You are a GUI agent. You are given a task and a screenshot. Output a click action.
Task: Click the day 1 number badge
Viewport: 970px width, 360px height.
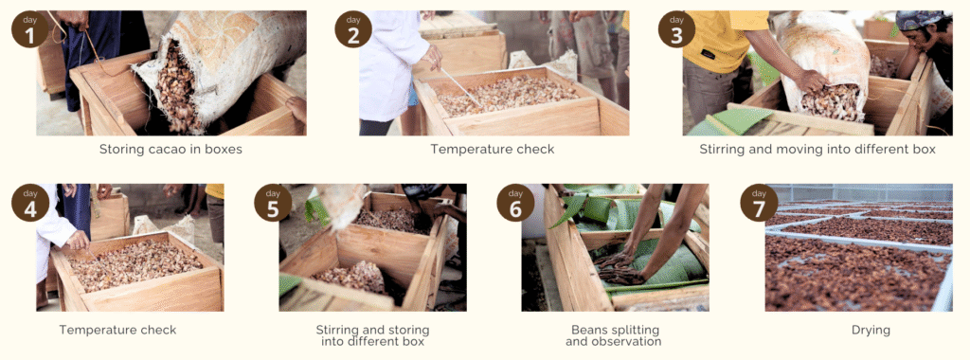tap(29, 29)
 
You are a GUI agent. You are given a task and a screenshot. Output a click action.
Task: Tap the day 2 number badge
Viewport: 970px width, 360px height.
tap(353, 29)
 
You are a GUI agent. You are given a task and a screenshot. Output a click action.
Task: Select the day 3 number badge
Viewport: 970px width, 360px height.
tap(676, 29)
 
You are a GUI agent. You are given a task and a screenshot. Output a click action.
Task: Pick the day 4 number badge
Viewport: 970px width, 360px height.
tap(29, 203)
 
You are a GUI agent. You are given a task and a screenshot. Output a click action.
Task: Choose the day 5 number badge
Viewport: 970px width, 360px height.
tap(273, 203)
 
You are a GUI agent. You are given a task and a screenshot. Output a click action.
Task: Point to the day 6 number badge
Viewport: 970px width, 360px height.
tap(516, 203)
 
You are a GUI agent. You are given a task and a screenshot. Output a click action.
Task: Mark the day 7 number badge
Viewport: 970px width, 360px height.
tap(759, 203)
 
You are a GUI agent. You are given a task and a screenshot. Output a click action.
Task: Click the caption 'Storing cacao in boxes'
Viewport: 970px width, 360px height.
tap(171, 149)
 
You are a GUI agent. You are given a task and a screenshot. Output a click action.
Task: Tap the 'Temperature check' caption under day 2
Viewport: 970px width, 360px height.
tap(493, 149)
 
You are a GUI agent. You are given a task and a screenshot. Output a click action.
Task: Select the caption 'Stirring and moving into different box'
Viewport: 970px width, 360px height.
tap(817, 149)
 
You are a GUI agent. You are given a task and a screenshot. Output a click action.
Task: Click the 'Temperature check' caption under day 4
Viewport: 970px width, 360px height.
tap(118, 330)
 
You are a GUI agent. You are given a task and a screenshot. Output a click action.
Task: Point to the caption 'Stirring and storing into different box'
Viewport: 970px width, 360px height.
tap(372, 335)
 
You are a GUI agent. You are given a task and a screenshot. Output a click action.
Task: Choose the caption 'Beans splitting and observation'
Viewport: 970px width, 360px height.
tap(616, 335)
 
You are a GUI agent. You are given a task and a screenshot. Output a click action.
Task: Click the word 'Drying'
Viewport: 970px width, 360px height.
tap(871, 331)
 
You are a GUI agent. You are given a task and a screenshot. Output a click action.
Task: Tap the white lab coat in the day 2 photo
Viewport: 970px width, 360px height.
tap(388, 62)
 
